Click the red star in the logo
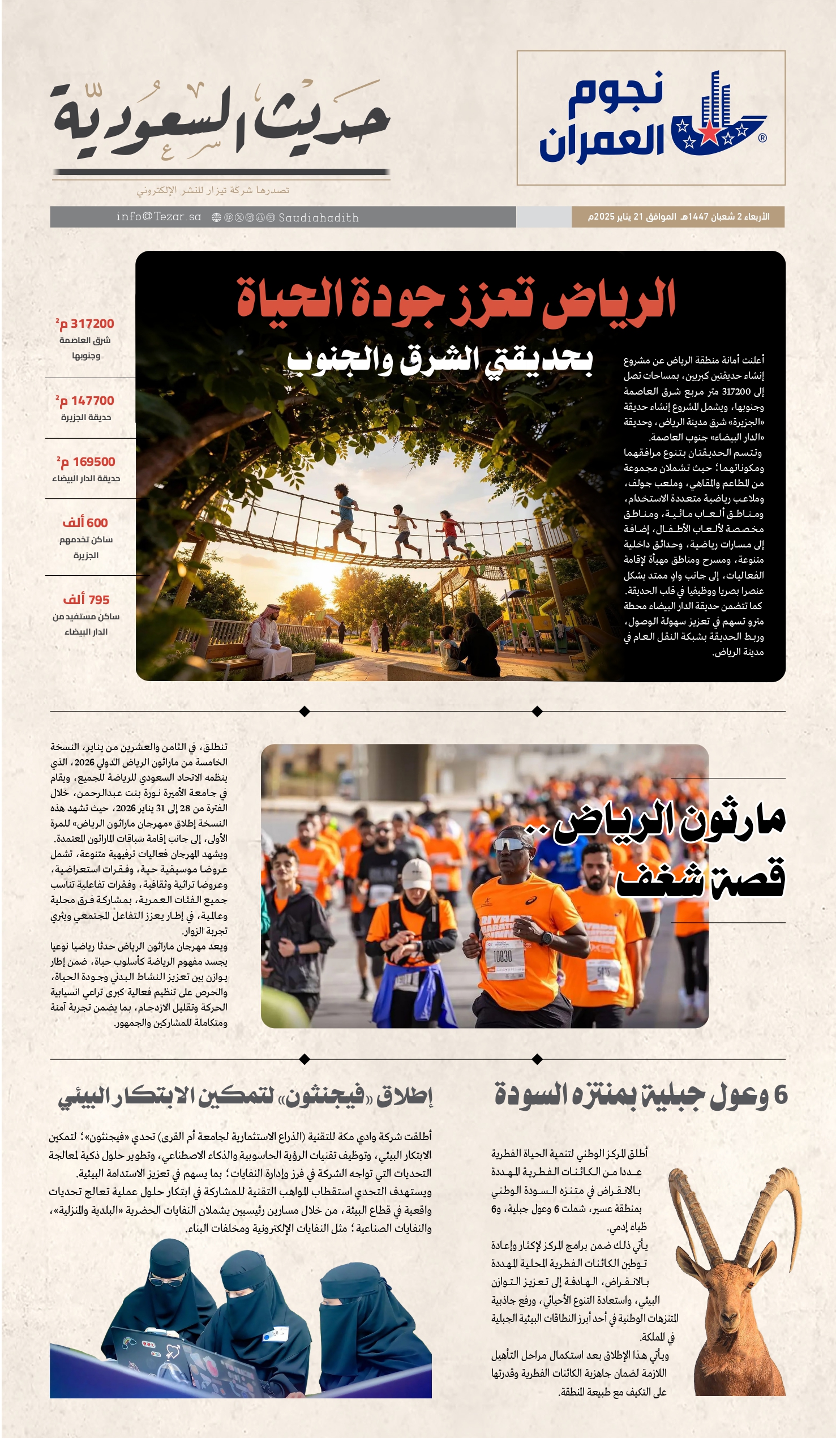tap(708, 132)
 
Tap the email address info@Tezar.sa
tap(158, 217)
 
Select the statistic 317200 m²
tap(85, 324)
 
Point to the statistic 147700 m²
tap(85, 401)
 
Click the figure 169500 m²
tap(86, 462)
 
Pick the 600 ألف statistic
tap(85, 523)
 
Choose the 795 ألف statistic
tap(86, 600)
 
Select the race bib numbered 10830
tap(503, 956)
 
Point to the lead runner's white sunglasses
tap(511, 845)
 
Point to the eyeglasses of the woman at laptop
tap(165, 1280)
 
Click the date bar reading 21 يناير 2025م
tap(678, 217)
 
